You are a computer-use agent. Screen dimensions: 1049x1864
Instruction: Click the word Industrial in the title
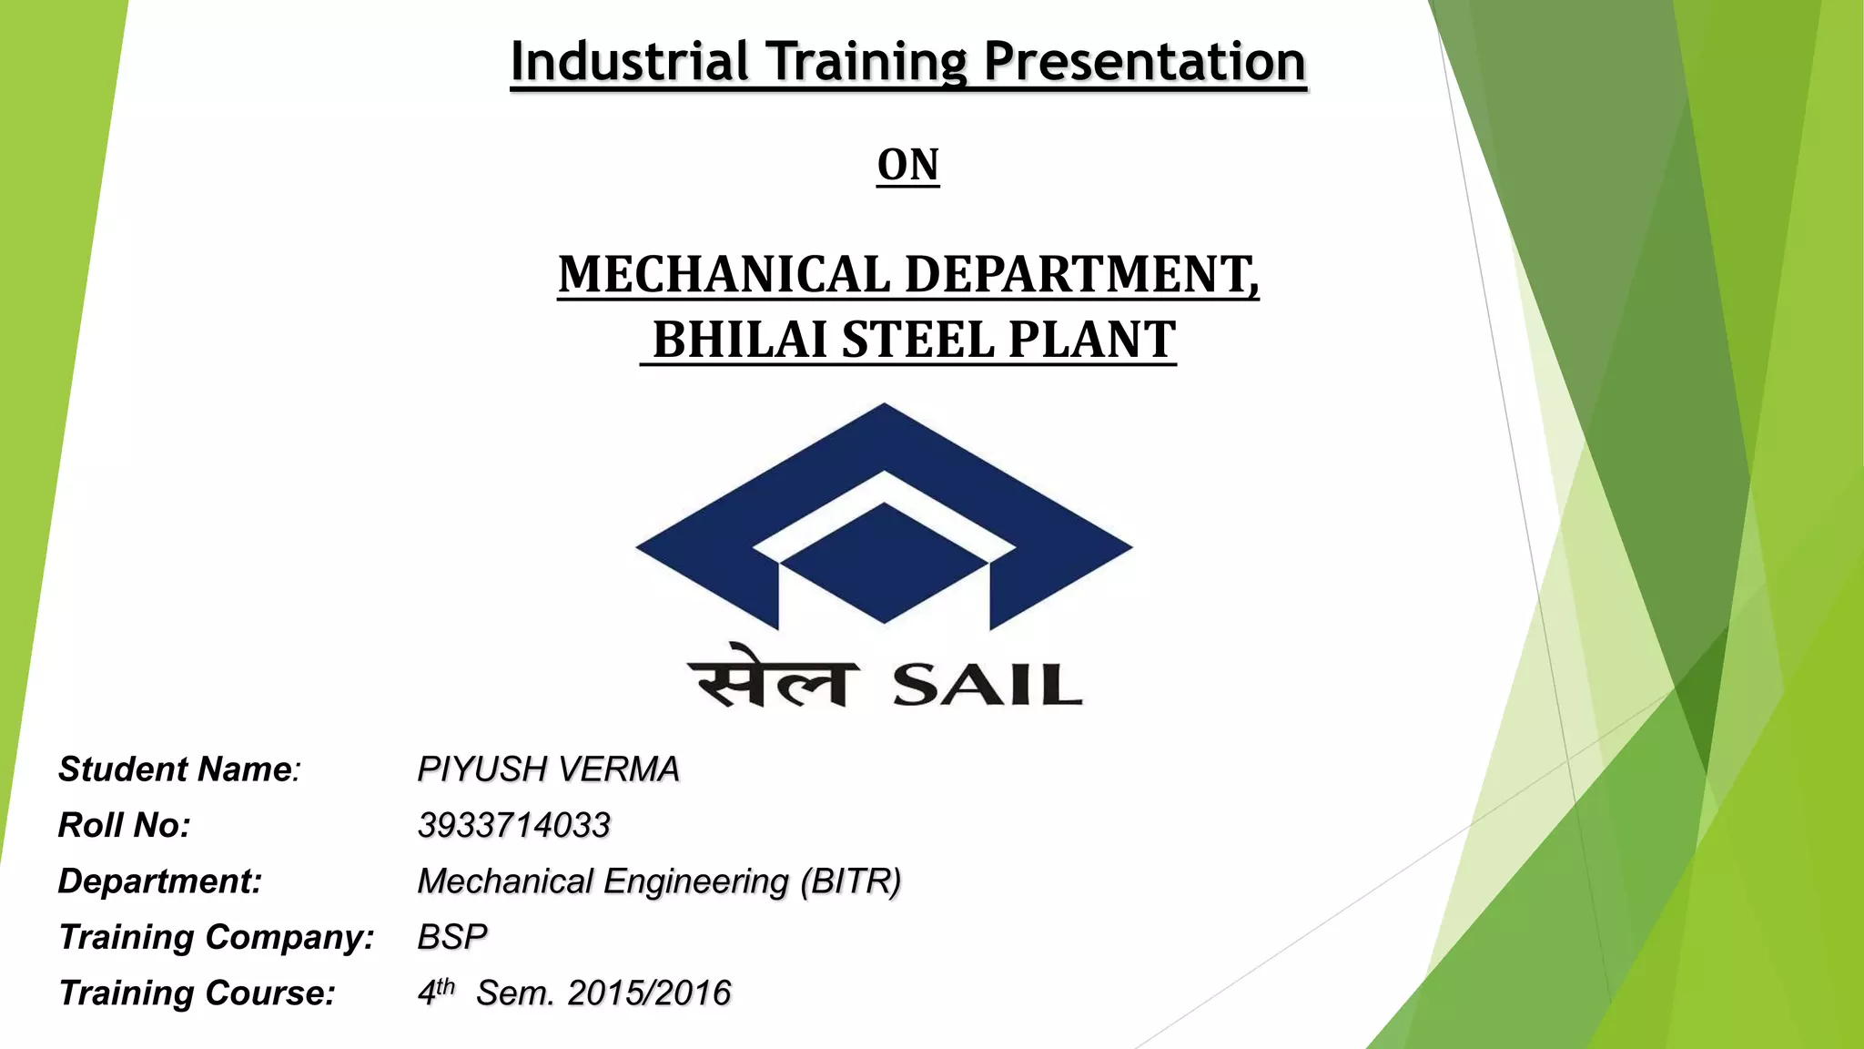pos(629,62)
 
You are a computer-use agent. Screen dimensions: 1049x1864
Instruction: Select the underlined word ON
pos(907,165)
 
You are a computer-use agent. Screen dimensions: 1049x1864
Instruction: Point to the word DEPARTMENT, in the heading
pos(1082,274)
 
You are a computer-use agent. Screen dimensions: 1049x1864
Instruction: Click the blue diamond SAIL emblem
pos(884,515)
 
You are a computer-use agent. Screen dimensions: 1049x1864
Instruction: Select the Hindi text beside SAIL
pos(774,677)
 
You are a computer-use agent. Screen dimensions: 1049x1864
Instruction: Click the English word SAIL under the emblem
pos(988,685)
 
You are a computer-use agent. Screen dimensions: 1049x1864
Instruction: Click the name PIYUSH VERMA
pos(548,769)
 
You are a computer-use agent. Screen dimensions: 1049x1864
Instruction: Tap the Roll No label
pos(124,825)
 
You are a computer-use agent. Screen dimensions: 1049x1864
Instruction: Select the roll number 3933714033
pos(513,825)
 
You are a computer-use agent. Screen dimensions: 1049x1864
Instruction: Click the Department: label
pos(159,881)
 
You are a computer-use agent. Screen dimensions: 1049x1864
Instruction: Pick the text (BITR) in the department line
pos(851,881)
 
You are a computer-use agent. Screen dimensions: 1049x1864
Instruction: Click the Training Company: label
pos(216,937)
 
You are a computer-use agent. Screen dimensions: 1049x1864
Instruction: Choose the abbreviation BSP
pos(452,937)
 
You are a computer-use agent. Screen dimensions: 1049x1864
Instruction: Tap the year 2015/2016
pos(649,993)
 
